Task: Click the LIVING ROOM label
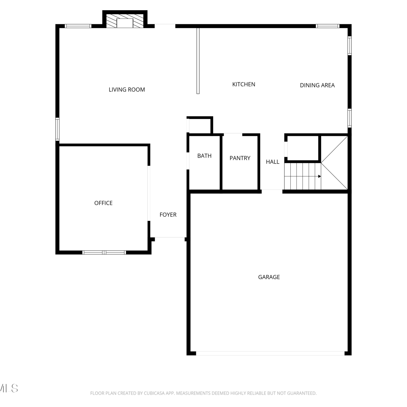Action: click(x=127, y=90)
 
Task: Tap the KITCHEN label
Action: click(x=244, y=84)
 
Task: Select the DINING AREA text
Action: click(x=317, y=85)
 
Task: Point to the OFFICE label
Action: click(x=103, y=203)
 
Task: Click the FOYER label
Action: click(x=168, y=215)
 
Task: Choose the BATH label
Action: click(x=204, y=156)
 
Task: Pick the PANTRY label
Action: click(x=240, y=158)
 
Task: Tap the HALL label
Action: click(x=272, y=162)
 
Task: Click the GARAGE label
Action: click(x=269, y=277)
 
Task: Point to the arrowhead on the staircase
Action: click(x=320, y=176)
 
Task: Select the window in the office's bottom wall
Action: click(x=104, y=252)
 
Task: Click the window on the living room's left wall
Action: click(x=57, y=129)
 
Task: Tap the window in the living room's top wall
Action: click(x=78, y=26)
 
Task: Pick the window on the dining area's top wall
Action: click(x=328, y=26)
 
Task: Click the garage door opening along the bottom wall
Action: click(x=270, y=353)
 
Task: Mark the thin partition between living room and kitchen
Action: click(x=198, y=61)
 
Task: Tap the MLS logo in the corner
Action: click(x=9, y=388)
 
